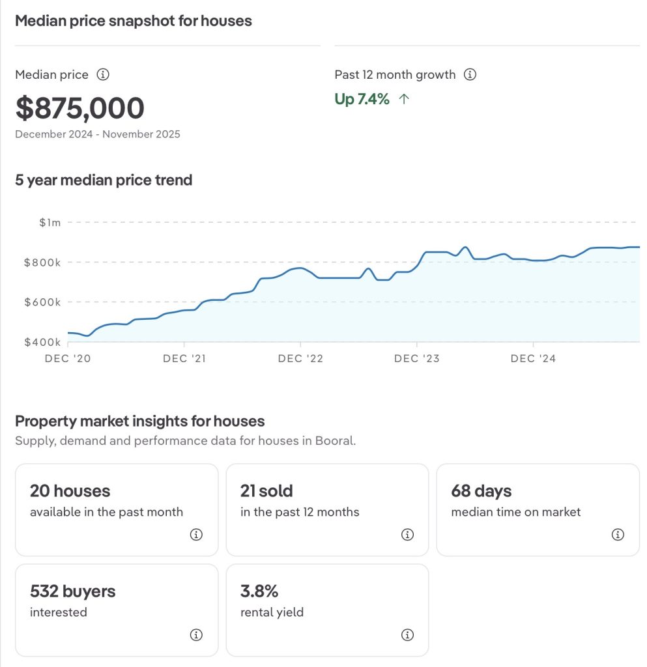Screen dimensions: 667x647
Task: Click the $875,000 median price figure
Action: click(79, 108)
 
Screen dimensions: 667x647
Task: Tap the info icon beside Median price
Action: click(102, 75)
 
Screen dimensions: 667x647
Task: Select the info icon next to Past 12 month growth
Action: click(470, 75)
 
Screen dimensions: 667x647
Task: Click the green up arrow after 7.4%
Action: click(404, 100)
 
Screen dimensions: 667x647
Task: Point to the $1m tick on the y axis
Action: click(50, 223)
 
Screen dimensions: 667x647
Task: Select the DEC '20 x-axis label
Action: click(68, 359)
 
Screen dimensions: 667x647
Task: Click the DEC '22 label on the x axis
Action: click(300, 359)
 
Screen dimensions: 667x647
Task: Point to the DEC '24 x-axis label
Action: click(533, 359)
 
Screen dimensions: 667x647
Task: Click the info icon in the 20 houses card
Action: click(196, 535)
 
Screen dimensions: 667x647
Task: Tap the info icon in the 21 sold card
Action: click(407, 535)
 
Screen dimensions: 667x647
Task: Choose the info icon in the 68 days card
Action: click(618, 535)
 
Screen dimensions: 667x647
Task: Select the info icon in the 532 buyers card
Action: click(196, 635)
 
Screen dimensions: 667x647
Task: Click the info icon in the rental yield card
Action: click(407, 635)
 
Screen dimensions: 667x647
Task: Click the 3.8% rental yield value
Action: click(259, 591)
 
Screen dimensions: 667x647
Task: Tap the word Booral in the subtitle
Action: click(335, 441)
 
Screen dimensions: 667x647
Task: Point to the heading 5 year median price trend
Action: click(104, 180)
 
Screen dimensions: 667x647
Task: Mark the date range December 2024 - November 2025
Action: click(98, 135)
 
